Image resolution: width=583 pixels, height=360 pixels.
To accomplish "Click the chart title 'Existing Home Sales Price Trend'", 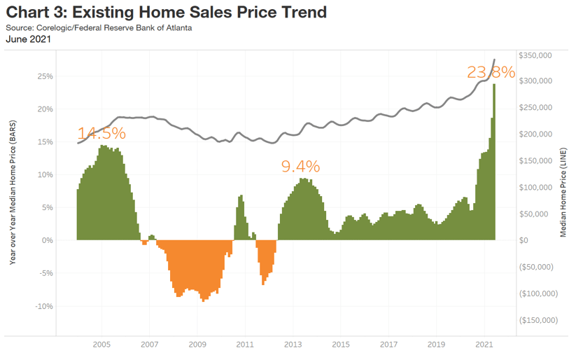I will click(167, 12).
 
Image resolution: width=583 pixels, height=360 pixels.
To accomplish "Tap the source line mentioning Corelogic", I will click(98, 28).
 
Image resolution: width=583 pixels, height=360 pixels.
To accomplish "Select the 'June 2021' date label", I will click(29, 40).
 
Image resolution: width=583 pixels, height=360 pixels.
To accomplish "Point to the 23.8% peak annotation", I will click(491, 72).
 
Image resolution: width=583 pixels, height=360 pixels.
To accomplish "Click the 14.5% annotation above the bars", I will click(101, 133).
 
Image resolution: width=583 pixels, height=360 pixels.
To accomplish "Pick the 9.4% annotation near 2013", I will click(300, 166).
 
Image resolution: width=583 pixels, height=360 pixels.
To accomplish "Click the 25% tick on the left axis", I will click(44, 76).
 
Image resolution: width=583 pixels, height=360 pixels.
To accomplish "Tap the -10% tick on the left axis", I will click(43, 306).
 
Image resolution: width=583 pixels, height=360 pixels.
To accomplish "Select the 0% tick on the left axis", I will click(47, 240).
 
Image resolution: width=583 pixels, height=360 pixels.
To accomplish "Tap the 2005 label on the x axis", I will click(102, 345).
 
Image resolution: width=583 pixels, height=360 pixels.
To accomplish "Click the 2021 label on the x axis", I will click(484, 345).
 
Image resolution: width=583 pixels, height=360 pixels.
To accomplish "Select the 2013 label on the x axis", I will click(293, 345).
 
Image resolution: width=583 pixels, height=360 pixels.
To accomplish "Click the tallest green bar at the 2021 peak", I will click(494, 161).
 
